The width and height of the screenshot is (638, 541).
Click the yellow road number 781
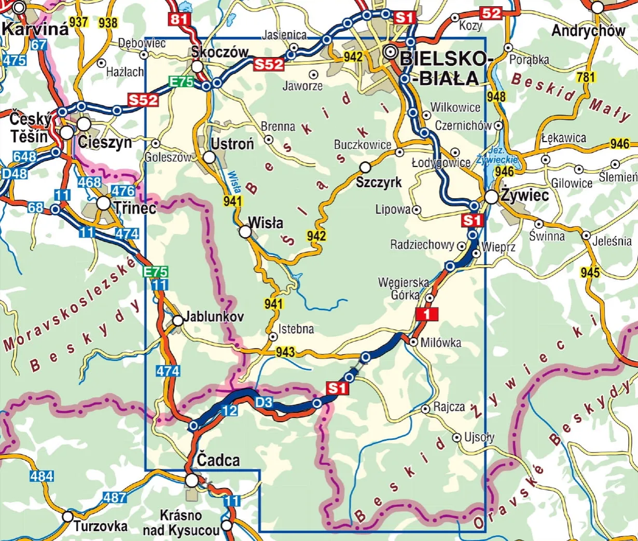click(x=586, y=77)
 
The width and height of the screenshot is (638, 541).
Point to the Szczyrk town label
click(x=379, y=182)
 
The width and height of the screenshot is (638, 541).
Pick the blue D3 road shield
click(x=263, y=402)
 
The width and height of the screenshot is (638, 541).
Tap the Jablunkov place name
click(x=213, y=316)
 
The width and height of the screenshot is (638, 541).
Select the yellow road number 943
click(x=285, y=352)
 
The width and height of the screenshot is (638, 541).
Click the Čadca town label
click(x=218, y=460)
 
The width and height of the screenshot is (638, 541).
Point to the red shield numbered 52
click(x=490, y=13)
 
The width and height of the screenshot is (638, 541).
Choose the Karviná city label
click(x=35, y=29)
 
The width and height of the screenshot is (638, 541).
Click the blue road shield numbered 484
click(x=41, y=476)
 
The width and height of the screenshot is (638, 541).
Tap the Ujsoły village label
click(x=479, y=437)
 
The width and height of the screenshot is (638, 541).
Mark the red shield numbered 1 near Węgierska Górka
click(x=427, y=314)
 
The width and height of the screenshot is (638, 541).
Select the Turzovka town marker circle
click(x=67, y=517)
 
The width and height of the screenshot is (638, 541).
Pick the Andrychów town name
click(x=588, y=31)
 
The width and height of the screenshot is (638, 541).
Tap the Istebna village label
click(x=296, y=328)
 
